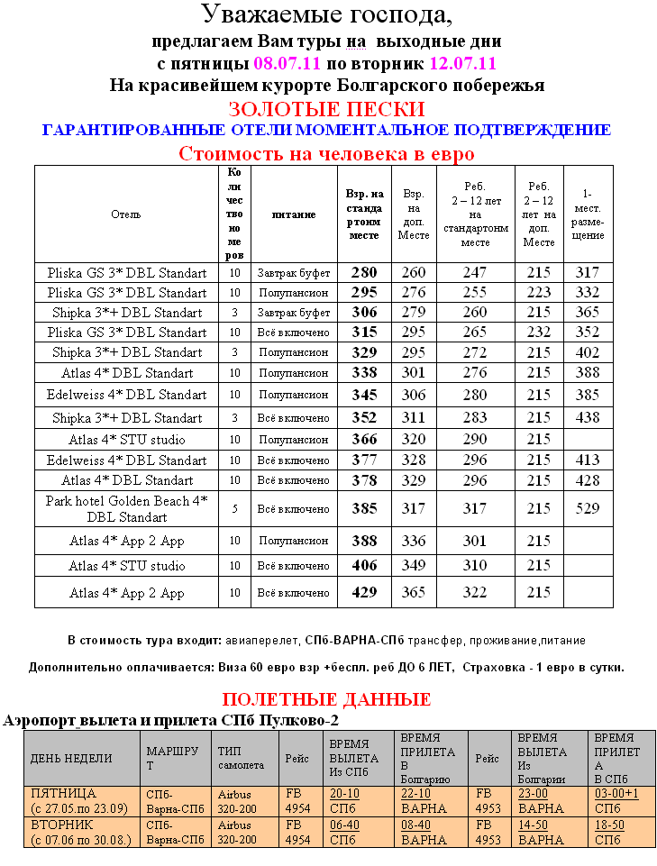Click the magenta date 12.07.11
click(x=463, y=64)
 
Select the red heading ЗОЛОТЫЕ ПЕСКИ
click(x=326, y=110)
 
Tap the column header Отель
click(x=125, y=214)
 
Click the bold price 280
click(x=364, y=272)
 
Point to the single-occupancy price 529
click(x=588, y=508)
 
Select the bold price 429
click(x=364, y=592)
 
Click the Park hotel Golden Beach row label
click(x=126, y=508)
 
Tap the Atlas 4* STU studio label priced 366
click(x=126, y=440)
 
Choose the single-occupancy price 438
click(x=588, y=417)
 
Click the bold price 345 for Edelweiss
click(x=364, y=395)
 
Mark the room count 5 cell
click(x=234, y=509)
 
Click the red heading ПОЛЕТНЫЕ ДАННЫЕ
click(x=326, y=699)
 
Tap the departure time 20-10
click(x=344, y=794)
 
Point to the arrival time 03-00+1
click(x=616, y=794)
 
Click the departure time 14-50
click(x=533, y=825)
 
